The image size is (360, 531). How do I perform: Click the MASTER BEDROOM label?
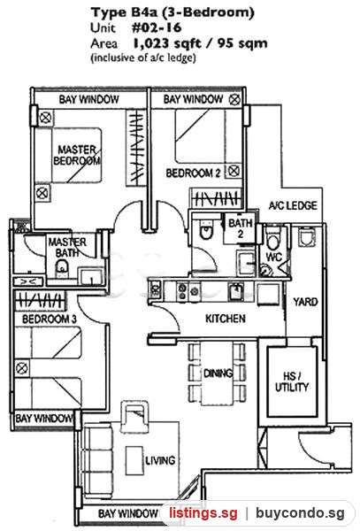pyautogui.click(x=77, y=155)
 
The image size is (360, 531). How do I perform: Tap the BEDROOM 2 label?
pyautogui.click(x=193, y=173)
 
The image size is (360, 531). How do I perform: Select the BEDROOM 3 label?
pyautogui.click(x=50, y=319)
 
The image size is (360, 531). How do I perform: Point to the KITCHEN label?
pyautogui.click(x=226, y=319)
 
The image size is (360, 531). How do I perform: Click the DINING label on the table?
pyautogui.click(x=218, y=373)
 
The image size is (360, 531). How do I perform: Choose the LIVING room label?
pyautogui.click(x=160, y=460)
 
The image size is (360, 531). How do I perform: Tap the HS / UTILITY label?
pyautogui.click(x=292, y=381)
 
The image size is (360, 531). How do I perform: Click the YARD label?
pyautogui.click(x=305, y=302)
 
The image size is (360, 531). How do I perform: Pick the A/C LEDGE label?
pyautogui.click(x=293, y=205)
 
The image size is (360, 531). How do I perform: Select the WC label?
pyautogui.click(x=273, y=257)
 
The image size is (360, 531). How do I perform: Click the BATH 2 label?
pyautogui.click(x=241, y=228)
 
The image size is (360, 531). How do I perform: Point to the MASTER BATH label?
pyautogui.click(x=67, y=247)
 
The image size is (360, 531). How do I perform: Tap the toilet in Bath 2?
pyautogui.click(x=206, y=229)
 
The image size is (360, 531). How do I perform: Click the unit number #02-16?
pyautogui.click(x=157, y=27)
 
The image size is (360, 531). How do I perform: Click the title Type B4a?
pyautogui.click(x=124, y=12)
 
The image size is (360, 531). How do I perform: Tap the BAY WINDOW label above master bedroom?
pyautogui.click(x=89, y=99)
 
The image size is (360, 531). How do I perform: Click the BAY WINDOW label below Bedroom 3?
pyautogui.click(x=44, y=419)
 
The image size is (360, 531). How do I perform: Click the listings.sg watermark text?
pyautogui.click(x=203, y=513)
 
